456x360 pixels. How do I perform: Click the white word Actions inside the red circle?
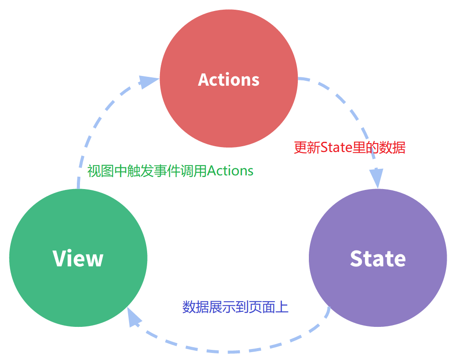tap(228, 80)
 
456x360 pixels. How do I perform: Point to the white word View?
tap(78, 258)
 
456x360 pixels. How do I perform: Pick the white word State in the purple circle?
tap(378, 258)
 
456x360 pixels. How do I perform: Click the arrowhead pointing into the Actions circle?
tap(148, 82)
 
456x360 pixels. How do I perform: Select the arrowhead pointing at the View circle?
tap(134, 317)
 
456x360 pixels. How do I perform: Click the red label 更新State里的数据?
tap(350, 148)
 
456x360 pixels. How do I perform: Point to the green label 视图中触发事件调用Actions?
tap(170, 171)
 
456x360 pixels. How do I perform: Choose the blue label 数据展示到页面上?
tap(236, 307)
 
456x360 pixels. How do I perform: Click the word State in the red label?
tap(335, 148)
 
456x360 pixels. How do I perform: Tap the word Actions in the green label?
tap(230, 171)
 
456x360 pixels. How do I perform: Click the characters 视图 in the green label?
tap(97, 171)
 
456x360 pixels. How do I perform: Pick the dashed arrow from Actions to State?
tap(349, 110)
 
